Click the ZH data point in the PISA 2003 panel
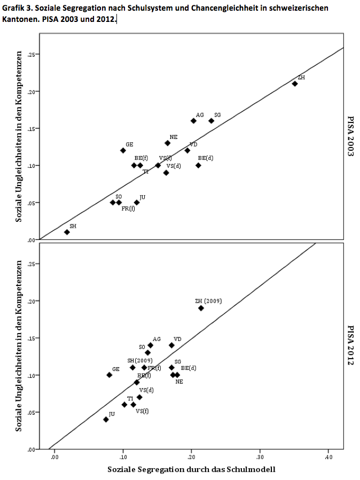[x=294, y=83]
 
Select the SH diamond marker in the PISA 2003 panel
[x=67, y=232]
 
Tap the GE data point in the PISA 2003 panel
[x=123, y=150]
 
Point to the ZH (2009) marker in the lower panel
[x=201, y=308]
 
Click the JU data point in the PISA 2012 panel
[x=106, y=420]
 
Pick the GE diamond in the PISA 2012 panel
[x=109, y=375]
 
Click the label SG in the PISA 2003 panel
[x=217, y=115]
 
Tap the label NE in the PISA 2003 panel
[x=174, y=137]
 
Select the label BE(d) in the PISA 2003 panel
[x=206, y=158]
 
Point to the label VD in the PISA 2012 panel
[x=177, y=339]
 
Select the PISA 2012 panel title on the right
[x=351, y=345]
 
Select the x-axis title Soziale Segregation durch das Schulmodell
[x=191, y=470]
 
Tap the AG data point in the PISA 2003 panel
[x=193, y=121]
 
